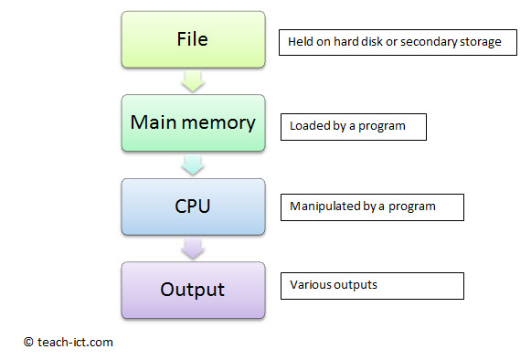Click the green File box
point(193,40)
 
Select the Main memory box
point(193,123)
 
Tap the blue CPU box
point(193,206)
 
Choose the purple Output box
point(193,290)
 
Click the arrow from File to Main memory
point(193,83)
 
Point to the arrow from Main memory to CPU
point(193,166)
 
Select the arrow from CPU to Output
point(193,249)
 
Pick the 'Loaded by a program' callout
point(354,126)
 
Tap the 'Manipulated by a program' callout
point(372,206)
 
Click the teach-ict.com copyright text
point(69,342)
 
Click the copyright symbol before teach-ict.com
point(28,342)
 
